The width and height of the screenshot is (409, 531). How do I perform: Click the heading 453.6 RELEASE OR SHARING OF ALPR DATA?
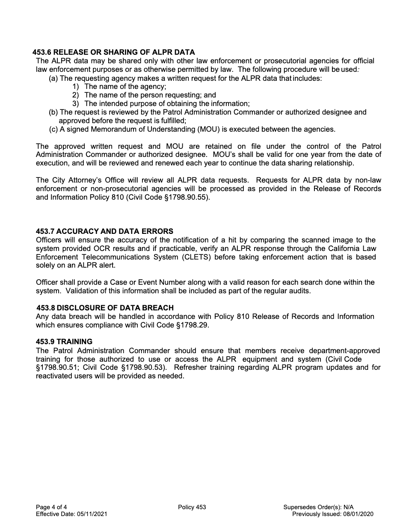coord(113,52)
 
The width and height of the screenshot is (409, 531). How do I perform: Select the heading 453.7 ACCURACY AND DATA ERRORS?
coord(104,231)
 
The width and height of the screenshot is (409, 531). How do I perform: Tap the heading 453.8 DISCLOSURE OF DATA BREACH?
coord(105,308)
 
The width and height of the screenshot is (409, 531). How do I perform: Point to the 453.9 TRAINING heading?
coord(64,342)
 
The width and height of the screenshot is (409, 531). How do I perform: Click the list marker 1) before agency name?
coord(75,87)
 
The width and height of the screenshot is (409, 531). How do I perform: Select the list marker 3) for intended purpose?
coord(75,103)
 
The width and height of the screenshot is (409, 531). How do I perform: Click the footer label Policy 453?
coord(192,507)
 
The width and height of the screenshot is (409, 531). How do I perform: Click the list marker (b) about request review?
coord(53,112)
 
